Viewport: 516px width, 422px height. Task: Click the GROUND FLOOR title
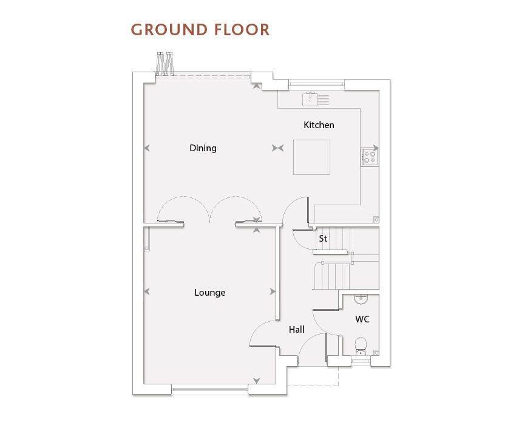200,30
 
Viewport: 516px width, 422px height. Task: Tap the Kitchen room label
319,125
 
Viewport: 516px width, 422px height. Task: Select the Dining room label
203,148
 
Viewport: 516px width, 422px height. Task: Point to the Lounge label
210,293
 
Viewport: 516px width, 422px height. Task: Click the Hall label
296,330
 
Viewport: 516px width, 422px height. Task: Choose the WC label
362,319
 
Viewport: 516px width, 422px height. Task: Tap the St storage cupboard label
323,238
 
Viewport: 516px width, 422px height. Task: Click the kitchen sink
316,99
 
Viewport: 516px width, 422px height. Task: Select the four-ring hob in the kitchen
370,157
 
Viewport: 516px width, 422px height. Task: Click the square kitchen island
311,157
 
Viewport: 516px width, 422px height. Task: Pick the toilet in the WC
361,346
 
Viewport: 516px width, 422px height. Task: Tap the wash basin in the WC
361,299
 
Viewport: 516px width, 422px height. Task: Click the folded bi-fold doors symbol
165,64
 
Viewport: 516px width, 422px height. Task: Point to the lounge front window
209,390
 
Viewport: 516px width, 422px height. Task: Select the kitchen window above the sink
316,84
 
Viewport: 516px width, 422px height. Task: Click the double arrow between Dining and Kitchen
278,148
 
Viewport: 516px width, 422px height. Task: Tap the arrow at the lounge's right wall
273,291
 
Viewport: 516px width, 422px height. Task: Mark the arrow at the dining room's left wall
147,148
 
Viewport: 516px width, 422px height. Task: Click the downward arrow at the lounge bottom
256,381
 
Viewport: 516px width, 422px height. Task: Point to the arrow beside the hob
376,148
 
